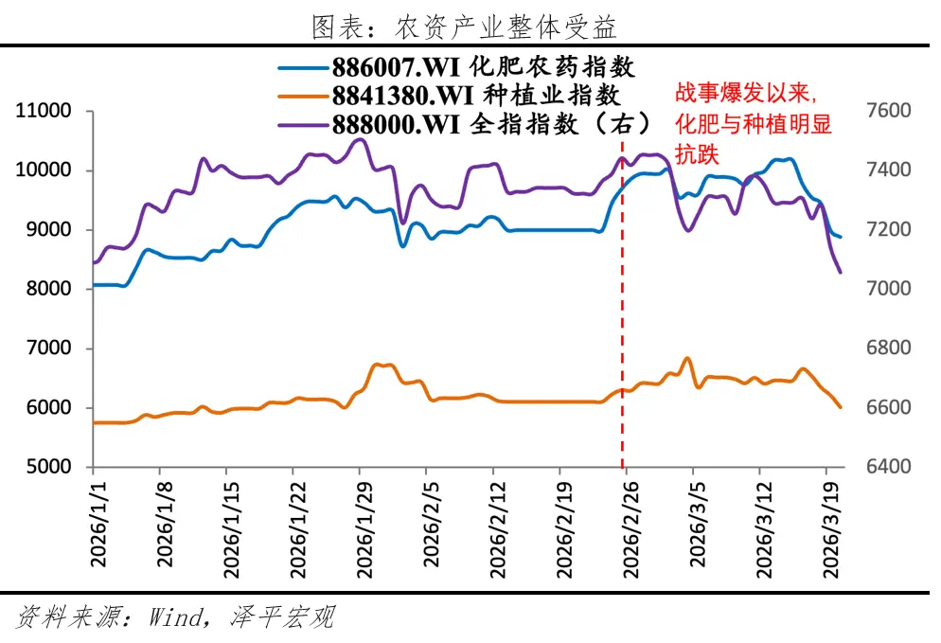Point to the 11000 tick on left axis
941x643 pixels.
pyautogui.click(x=44, y=111)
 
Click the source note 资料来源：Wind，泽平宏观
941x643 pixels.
pyautogui.click(x=176, y=619)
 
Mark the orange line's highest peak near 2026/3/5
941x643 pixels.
pyautogui.click(x=687, y=359)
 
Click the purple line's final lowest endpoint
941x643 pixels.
pyautogui.click(x=841, y=273)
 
